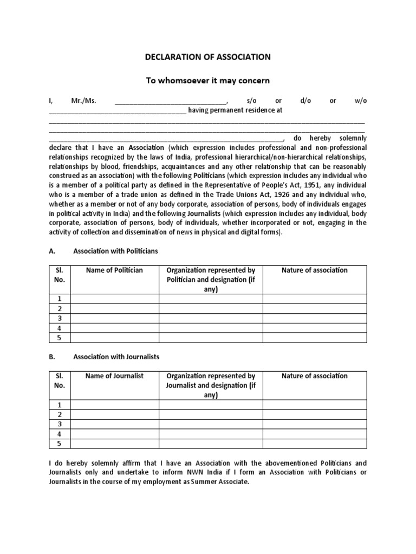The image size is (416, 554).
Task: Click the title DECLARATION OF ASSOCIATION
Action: (208, 57)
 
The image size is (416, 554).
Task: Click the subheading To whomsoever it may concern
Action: (208, 81)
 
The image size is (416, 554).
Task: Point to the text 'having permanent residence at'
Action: (235, 110)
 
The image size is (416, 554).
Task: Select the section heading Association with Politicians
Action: (115, 251)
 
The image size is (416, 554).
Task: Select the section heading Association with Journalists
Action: (116, 357)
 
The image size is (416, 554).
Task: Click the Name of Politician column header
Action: (114, 270)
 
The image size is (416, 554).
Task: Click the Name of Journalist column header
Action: (114, 375)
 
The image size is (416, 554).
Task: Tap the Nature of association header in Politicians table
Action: (315, 270)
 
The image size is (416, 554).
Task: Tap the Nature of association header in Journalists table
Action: (315, 375)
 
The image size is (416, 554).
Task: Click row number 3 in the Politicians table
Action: (60, 318)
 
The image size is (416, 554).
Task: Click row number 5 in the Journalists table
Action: (60, 444)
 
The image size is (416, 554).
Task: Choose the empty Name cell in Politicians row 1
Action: (114, 299)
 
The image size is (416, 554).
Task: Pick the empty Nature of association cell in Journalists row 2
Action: (315, 414)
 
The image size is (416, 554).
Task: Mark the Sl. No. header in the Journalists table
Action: (60, 380)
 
